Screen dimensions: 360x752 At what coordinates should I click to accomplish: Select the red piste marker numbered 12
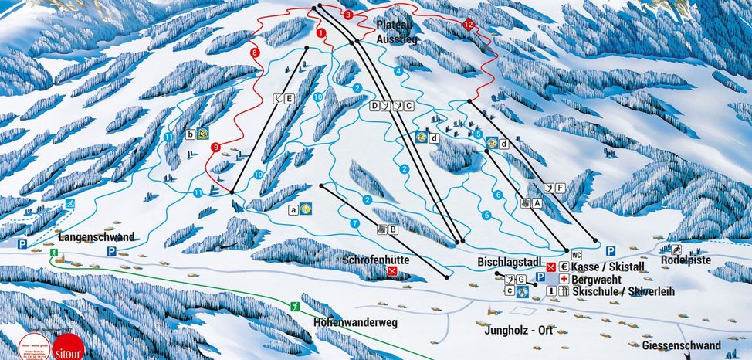(468, 25)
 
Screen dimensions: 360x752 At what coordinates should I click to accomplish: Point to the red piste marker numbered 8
(254, 53)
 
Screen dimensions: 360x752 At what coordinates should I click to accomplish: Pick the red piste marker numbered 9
(215, 148)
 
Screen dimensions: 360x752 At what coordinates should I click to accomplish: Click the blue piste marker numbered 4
(398, 70)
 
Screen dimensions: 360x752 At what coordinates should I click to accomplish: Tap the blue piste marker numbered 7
(354, 223)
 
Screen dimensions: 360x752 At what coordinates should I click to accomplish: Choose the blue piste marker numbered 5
(479, 134)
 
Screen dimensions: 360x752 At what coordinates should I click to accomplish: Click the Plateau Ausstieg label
(390, 30)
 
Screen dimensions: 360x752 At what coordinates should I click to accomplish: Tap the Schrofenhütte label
(375, 260)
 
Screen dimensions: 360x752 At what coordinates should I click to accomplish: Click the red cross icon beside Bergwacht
(564, 278)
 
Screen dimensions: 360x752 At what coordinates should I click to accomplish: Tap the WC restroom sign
(575, 254)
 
